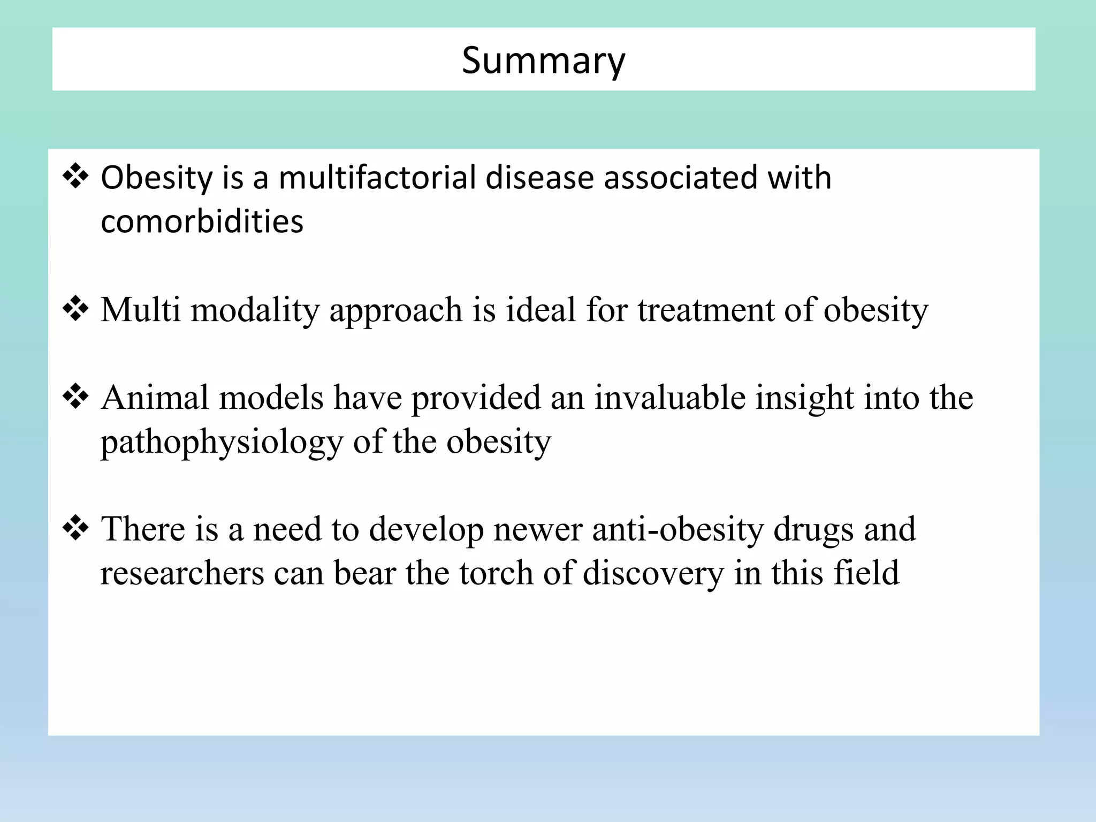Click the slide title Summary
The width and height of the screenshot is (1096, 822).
tap(543, 60)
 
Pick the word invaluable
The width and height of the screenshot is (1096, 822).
tap(669, 398)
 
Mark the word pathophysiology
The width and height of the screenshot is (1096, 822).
tap(222, 443)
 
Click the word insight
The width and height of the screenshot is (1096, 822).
tap(804, 399)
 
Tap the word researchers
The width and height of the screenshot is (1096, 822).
tap(182, 573)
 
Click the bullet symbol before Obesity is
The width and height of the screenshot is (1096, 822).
tap(75, 177)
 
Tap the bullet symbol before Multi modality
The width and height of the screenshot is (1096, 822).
tap(75, 309)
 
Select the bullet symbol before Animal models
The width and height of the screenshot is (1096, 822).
tap(75, 397)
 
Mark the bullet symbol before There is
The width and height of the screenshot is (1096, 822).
tap(75, 528)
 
